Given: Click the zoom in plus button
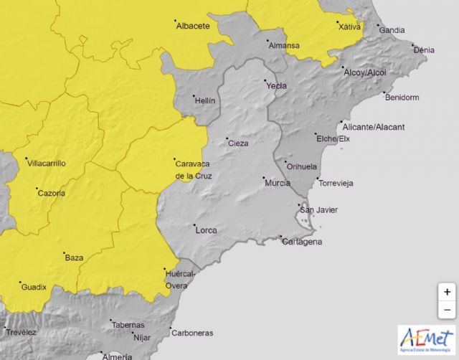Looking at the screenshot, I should tap(447, 292).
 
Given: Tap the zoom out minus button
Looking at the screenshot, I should tap(447, 309).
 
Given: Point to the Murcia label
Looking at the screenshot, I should tap(277, 183).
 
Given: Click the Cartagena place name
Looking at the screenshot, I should tap(301, 242).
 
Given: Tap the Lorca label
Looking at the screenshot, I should tap(205, 230).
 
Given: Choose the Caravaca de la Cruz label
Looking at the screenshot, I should tap(193, 169).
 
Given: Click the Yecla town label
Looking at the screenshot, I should tap(276, 86).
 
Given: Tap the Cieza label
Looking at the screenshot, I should tap(238, 143).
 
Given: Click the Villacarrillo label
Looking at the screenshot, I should tap(46, 164).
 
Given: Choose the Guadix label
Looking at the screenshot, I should tap(34, 287).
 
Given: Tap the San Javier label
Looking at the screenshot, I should tap(318, 210).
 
